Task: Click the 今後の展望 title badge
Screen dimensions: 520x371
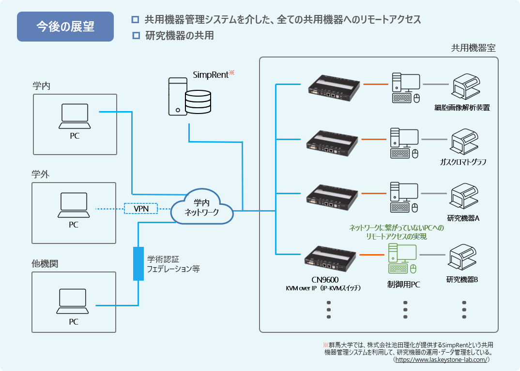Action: tap(65, 27)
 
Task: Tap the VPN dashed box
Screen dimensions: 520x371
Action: tap(141, 209)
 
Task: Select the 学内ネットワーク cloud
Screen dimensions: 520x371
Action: tap(201, 207)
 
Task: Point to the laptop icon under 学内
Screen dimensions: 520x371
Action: tap(75, 116)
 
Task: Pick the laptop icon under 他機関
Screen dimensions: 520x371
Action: tap(73, 301)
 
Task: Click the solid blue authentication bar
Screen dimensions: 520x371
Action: tap(138, 264)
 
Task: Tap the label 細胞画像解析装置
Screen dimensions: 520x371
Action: tap(462, 108)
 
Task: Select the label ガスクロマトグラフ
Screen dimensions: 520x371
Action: tap(463, 162)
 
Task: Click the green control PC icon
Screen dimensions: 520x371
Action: tap(402, 258)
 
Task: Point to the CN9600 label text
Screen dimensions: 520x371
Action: tap(325, 280)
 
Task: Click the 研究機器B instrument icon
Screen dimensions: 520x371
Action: tap(462, 257)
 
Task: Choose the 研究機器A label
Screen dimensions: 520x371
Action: tap(463, 218)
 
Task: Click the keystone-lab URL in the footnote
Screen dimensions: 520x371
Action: tap(442, 360)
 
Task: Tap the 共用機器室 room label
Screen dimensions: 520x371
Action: tap(473, 48)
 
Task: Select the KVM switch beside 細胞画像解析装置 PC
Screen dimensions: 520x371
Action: tap(334, 88)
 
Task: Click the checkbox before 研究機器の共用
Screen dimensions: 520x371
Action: tap(136, 35)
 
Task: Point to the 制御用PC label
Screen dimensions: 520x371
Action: tap(404, 285)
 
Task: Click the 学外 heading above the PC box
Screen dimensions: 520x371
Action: tap(41, 174)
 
